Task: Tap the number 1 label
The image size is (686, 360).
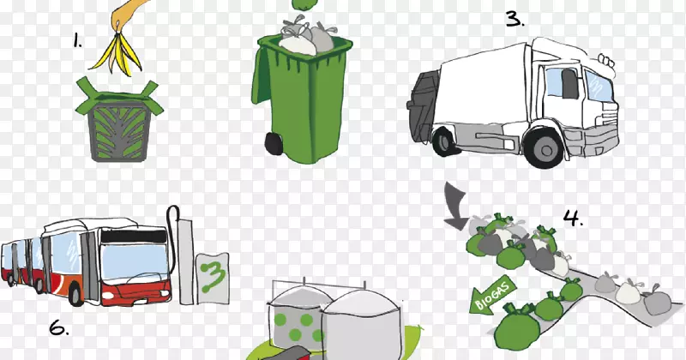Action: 77,41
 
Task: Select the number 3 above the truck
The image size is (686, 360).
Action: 515,19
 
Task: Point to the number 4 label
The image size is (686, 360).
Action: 573,218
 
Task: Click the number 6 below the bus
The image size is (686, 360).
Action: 58,327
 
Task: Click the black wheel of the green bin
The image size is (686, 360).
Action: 274,143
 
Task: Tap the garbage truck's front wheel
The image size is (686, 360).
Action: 545,148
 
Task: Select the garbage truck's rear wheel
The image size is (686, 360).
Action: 444,142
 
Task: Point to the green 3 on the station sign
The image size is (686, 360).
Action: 213,278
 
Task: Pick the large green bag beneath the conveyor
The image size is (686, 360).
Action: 517,328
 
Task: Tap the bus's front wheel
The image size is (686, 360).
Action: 75,294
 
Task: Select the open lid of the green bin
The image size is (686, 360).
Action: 261,77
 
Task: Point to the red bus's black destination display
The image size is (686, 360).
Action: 134,237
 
